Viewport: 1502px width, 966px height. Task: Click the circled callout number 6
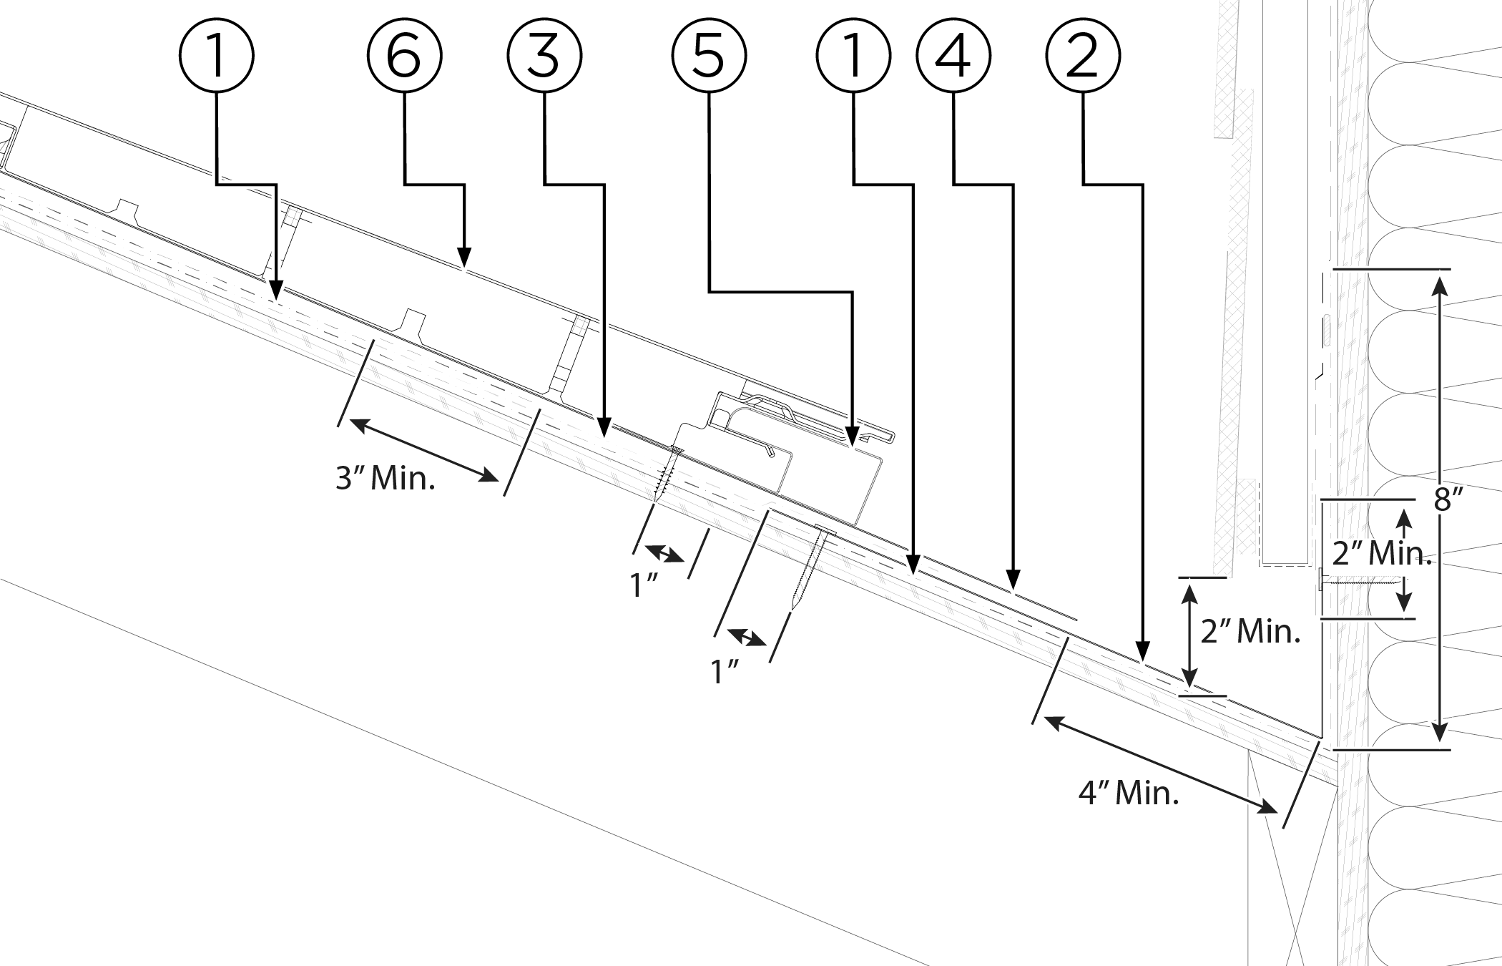point(404,56)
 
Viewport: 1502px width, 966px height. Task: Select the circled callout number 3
point(544,56)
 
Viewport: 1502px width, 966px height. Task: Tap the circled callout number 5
point(709,56)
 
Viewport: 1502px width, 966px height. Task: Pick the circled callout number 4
point(953,56)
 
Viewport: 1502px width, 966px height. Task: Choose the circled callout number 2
point(1082,56)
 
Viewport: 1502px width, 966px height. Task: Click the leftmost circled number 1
point(216,56)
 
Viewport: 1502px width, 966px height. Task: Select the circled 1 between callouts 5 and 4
point(853,56)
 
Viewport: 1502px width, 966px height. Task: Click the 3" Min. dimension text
point(386,477)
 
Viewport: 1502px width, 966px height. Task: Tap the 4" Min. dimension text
point(1128,794)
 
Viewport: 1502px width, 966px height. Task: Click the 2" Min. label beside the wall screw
point(1381,554)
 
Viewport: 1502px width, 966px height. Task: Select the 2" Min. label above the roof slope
point(1250,631)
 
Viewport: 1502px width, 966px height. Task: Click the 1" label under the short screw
point(644,585)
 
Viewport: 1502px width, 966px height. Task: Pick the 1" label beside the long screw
point(724,672)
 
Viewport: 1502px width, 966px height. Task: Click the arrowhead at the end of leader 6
point(464,259)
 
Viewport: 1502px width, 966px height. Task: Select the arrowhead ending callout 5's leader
point(853,437)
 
